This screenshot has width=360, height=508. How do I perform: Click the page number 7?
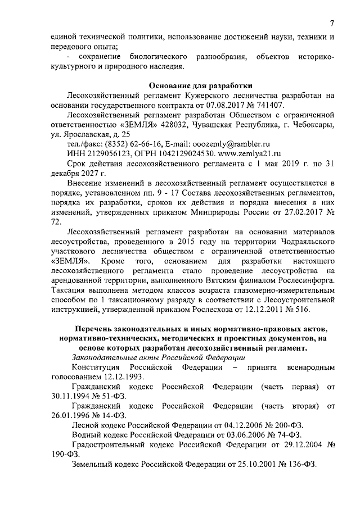click(x=332, y=24)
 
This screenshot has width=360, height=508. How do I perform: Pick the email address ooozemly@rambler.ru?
click(x=231, y=144)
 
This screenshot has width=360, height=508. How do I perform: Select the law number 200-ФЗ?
click(x=291, y=425)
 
